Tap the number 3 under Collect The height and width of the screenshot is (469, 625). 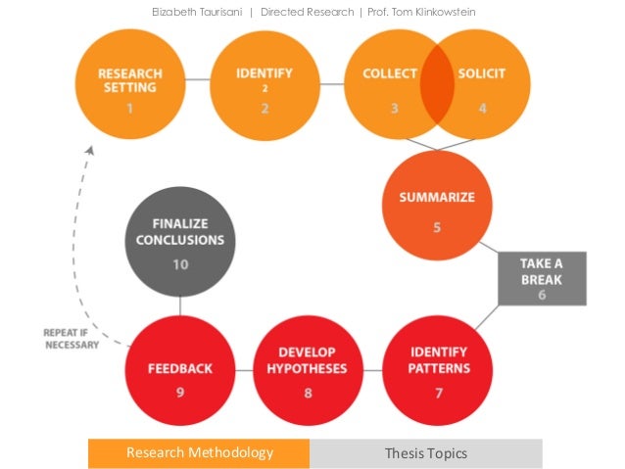[394, 108]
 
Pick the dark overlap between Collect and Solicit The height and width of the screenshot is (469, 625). [438, 85]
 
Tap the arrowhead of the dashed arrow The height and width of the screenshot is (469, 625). [91, 150]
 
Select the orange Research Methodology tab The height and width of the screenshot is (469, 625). [199, 453]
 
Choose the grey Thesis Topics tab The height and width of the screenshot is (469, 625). [425, 453]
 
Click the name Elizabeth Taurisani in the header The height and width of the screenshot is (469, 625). [195, 12]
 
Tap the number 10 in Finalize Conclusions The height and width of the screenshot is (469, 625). [179, 264]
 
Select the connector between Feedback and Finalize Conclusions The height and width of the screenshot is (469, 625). [179, 305]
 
